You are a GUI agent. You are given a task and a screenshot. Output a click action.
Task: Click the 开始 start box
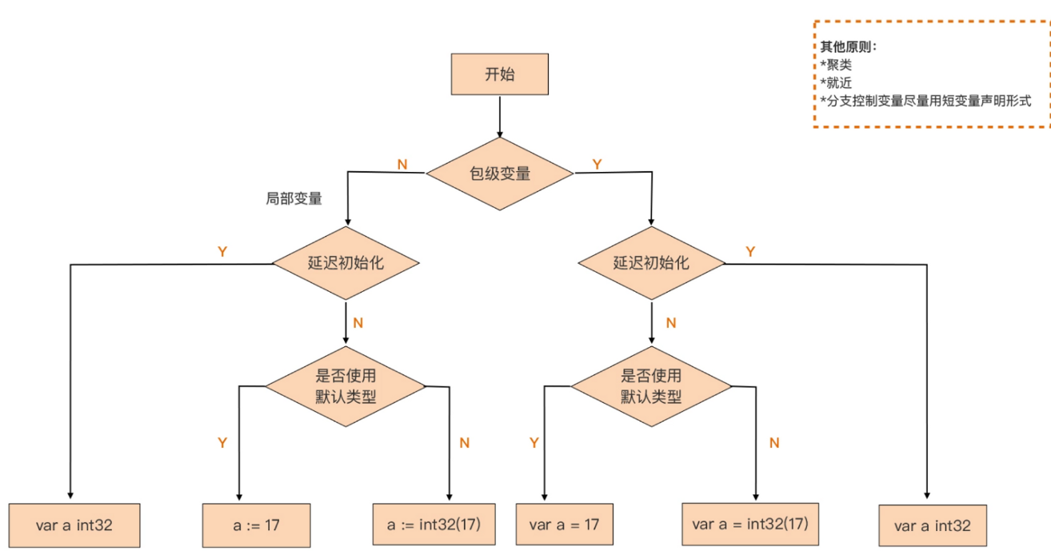(x=500, y=75)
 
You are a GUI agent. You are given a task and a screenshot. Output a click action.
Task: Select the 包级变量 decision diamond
(x=500, y=172)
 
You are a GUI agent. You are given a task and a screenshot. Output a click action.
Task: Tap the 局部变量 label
(x=294, y=199)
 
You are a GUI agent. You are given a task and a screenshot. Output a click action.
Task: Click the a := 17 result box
(x=255, y=525)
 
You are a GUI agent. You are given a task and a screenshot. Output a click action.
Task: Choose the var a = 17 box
(x=564, y=525)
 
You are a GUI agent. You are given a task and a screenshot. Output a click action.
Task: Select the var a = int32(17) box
(x=750, y=525)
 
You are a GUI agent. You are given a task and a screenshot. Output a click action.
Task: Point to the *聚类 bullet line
(x=836, y=65)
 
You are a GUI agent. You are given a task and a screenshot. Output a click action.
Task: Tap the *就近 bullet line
(x=836, y=83)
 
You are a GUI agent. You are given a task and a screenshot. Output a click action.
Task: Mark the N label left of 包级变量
(x=402, y=164)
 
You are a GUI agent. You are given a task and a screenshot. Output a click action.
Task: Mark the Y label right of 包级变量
(x=597, y=164)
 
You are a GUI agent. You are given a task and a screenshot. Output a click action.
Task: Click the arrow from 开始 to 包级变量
(x=500, y=115)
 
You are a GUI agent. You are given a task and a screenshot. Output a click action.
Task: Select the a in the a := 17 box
(x=238, y=525)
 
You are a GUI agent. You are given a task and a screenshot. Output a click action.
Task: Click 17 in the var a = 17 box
(x=591, y=525)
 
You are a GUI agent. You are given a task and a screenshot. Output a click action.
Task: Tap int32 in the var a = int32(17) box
(x=761, y=525)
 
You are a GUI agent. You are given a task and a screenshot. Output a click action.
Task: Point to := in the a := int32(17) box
(x=406, y=525)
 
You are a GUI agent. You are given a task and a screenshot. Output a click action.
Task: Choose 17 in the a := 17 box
(x=272, y=525)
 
